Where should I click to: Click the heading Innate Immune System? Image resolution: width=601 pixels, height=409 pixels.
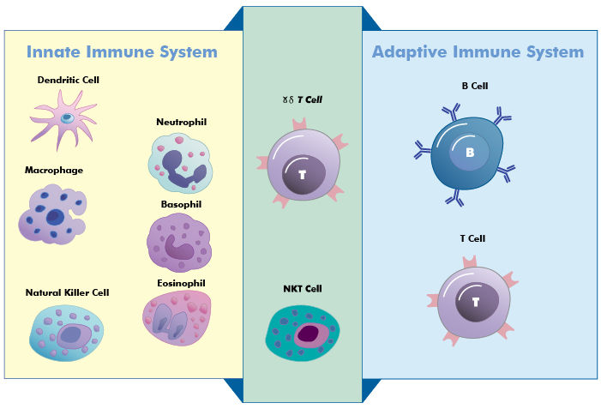pos(122,52)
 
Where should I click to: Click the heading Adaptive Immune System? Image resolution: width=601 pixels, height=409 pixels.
pos(478,52)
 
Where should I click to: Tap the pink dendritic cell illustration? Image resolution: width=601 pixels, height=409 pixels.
pos(65,117)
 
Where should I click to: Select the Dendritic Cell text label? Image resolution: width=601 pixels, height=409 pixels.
pos(69,81)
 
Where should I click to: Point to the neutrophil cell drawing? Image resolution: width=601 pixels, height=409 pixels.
pos(178,160)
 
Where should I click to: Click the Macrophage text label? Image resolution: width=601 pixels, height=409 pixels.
pos(54,170)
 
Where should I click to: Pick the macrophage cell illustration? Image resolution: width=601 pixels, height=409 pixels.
pos(52,214)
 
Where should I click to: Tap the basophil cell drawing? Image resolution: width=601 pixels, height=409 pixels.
pos(178,242)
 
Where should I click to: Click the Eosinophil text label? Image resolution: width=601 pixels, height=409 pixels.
pos(182,283)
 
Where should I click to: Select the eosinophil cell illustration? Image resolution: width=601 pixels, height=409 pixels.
pos(176,320)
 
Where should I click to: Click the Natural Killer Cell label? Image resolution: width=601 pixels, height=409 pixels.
pos(67,292)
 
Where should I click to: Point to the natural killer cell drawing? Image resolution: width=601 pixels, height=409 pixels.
pos(67,333)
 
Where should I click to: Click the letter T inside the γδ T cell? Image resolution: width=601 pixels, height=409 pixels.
pos(301,175)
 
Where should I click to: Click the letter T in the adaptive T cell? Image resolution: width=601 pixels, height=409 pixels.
pos(474,302)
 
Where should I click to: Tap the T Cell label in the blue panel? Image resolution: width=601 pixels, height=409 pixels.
pos(472,238)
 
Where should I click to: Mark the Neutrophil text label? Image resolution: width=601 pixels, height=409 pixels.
pos(181,122)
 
